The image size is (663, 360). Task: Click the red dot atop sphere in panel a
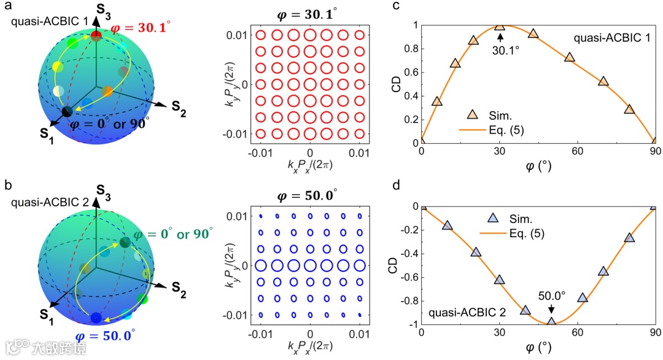(96, 37)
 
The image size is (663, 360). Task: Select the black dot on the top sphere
(67, 111)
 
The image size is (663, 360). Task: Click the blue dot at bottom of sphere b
(96, 318)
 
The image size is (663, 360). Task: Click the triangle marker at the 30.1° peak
(500, 26)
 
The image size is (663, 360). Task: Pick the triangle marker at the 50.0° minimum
(551, 321)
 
